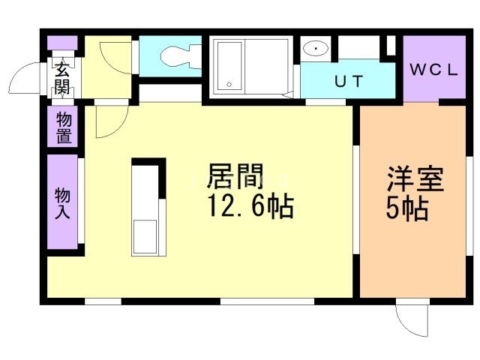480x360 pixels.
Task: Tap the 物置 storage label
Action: tap(63, 127)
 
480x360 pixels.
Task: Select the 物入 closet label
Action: tap(62, 202)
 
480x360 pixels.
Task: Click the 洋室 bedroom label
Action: tap(415, 180)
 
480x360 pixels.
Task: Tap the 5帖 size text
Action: tap(406, 208)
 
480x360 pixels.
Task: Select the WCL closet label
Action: tap(434, 70)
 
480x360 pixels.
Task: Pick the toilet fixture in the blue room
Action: tap(175, 55)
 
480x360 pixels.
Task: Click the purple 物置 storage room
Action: tap(63, 127)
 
